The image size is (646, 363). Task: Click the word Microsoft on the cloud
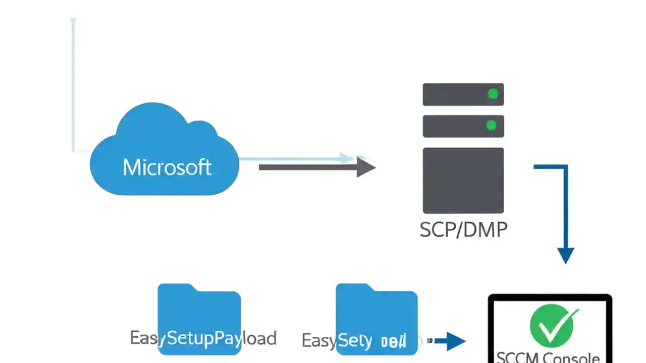pos(167,167)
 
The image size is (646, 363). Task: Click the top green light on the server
pos(493,94)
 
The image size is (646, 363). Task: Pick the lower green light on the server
pos(491,125)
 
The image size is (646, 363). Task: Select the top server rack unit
pos(454,94)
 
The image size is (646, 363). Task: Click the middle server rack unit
pos(454,126)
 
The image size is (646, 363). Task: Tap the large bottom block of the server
pos(463,180)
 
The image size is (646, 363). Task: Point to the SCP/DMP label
pos(463,230)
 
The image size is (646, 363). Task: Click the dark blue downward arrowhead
pos(565,255)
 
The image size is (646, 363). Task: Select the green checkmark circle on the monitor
pos(554,325)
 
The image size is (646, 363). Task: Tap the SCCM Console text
pos(548,357)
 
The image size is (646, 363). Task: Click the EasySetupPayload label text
pos(203,338)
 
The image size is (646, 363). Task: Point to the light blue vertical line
pos(73,86)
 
